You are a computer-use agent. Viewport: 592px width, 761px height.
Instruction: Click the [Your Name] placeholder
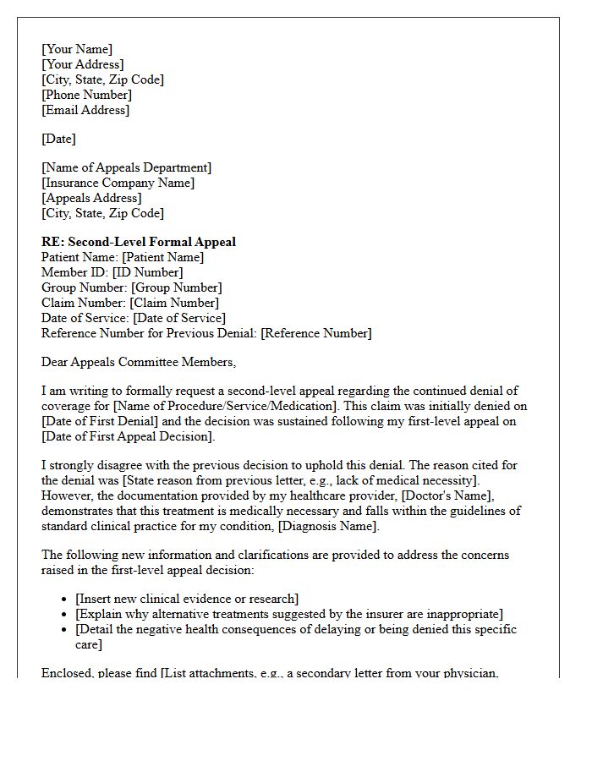77,49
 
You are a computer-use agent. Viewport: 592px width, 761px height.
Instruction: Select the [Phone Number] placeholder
86,95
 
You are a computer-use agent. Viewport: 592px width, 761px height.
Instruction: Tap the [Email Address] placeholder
85,110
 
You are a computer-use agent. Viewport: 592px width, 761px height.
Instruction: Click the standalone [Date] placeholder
58,139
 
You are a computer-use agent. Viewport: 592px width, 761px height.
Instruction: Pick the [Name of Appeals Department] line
127,167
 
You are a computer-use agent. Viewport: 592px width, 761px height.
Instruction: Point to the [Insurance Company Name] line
118,183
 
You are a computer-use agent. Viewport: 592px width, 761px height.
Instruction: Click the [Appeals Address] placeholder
91,198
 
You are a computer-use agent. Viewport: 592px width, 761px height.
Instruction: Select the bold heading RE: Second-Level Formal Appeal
139,242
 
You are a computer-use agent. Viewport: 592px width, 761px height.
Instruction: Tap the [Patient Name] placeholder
163,257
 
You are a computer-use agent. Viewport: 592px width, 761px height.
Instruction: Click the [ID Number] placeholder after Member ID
147,272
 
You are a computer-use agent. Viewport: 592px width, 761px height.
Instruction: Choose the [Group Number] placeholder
177,287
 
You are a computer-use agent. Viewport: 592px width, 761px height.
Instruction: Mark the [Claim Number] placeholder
173,303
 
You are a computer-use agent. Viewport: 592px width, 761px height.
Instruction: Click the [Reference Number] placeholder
315,333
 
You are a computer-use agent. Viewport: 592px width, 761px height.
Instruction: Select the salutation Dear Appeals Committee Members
139,362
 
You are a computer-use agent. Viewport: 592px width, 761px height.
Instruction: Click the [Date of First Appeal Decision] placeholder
128,436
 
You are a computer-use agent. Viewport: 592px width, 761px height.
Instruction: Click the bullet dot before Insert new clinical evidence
65,599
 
